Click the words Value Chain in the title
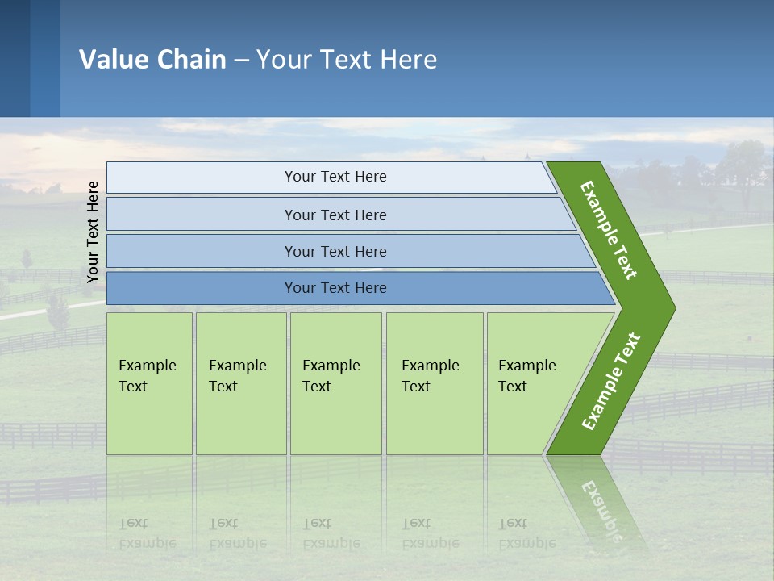pos(152,60)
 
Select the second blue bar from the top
pos(335,215)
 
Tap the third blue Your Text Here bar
pos(335,251)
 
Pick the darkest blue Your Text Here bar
pos(335,288)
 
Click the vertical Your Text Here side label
pos(93,232)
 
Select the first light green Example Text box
pos(149,383)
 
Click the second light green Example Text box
pos(240,383)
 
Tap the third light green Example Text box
pos(335,383)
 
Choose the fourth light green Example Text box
pos(434,383)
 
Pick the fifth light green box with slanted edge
pos(532,383)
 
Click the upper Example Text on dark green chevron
pos(609,230)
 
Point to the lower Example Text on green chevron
pos(611,382)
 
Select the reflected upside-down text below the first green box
pos(147,533)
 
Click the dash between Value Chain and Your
pos(241,61)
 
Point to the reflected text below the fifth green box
pos(526,533)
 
